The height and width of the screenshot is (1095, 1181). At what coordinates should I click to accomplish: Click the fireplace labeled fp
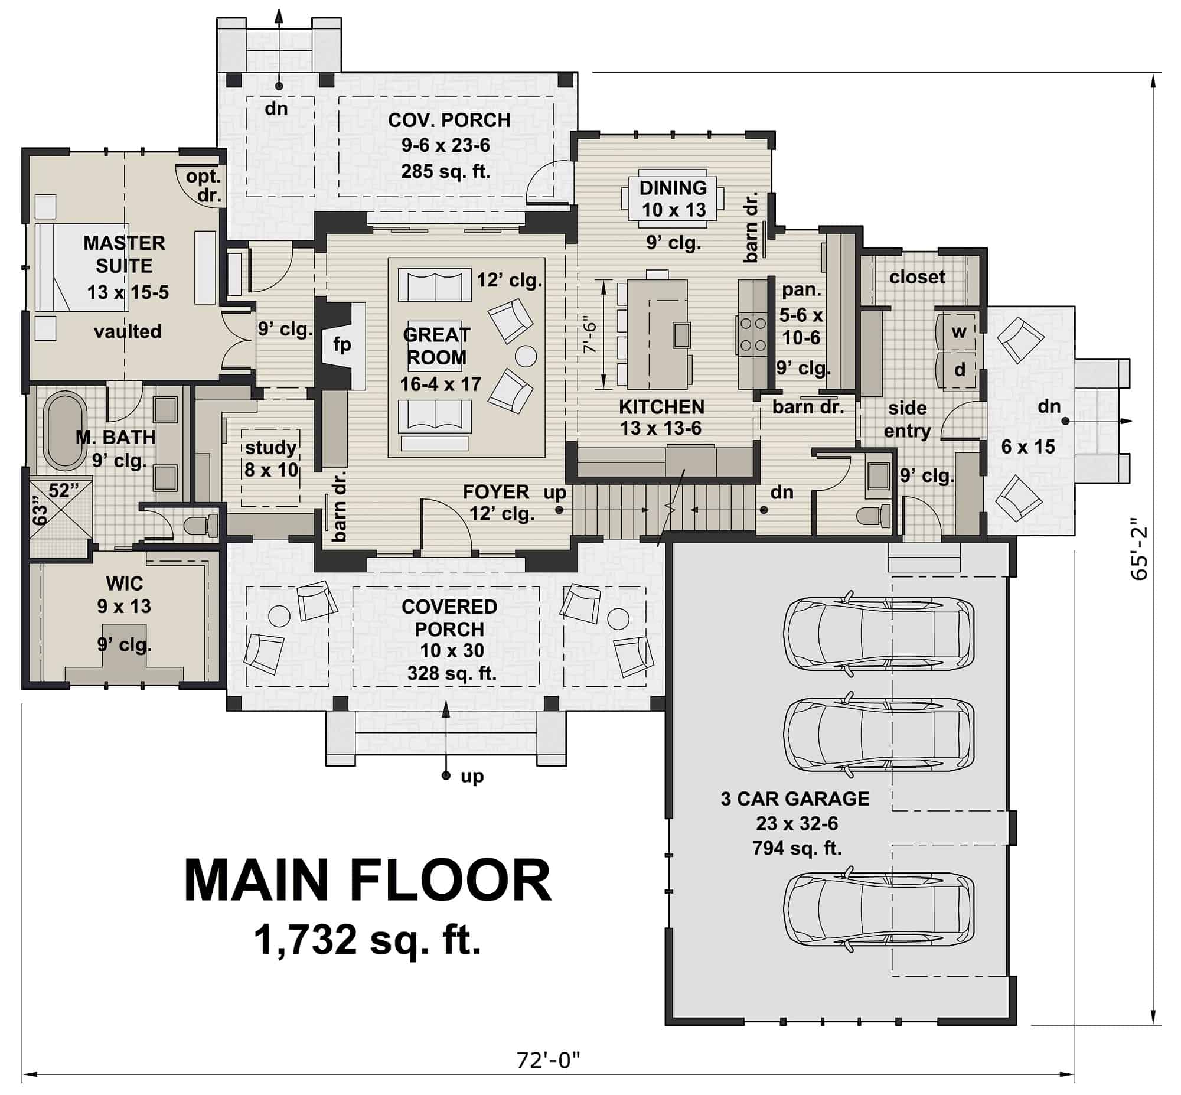pyautogui.click(x=342, y=344)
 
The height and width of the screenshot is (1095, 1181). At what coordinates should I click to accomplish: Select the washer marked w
pyautogui.click(x=958, y=332)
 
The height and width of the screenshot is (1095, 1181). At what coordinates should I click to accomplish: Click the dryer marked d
pyautogui.click(x=959, y=370)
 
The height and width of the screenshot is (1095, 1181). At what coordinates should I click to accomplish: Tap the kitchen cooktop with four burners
pyautogui.click(x=752, y=334)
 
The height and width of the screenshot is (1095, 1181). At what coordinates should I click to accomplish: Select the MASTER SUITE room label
pyautogui.click(x=125, y=254)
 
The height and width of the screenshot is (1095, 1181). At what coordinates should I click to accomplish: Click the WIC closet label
pyautogui.click(x=125, y=584)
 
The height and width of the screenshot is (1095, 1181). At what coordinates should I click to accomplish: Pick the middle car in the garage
pyautogui.click(x=878, y=734)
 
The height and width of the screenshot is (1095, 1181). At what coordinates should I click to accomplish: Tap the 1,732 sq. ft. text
pyautogui.click(x=367, y=940)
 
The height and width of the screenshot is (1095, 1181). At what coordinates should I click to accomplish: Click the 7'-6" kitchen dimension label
pyautogui.click(x=590, y=336)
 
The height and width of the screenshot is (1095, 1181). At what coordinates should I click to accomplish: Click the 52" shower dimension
pyautogui.click(x=63, y=491)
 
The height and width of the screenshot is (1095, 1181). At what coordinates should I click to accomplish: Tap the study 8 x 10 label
pyautogui.click(x=270, y=458)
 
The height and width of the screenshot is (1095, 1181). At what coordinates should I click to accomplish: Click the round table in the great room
pyautogui.click(x=526, y=356)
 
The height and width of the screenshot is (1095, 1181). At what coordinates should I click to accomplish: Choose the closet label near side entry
pyautogui.click(x=917, y=277)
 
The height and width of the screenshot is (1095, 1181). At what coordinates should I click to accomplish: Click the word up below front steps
pyautogui.click(x=472, y=775)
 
